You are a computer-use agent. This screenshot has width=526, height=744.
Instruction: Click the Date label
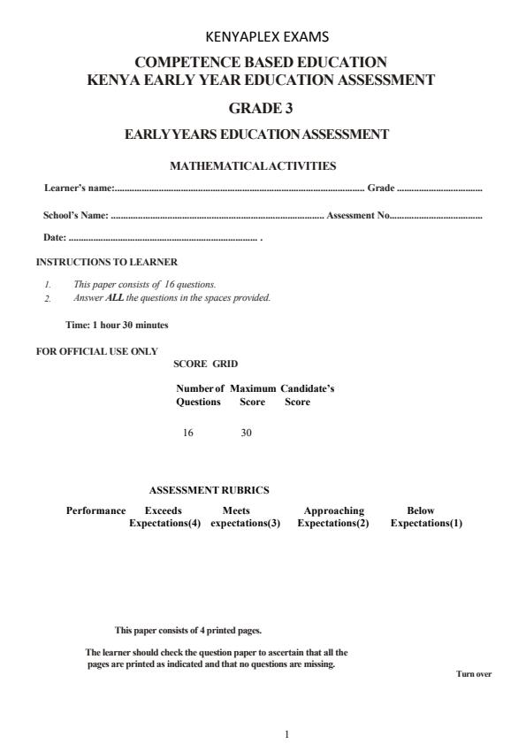54,238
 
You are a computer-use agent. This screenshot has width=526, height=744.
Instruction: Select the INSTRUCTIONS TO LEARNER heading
106,263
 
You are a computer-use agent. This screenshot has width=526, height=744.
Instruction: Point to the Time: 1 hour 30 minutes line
117,325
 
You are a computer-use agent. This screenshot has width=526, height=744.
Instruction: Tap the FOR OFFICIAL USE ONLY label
96,351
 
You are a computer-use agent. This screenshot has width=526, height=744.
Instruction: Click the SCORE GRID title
205,364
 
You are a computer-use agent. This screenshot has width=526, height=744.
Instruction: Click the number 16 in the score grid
187,433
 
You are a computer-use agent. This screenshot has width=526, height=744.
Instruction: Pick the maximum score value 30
246,433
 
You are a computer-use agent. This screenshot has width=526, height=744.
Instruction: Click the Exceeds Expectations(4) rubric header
164,517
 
